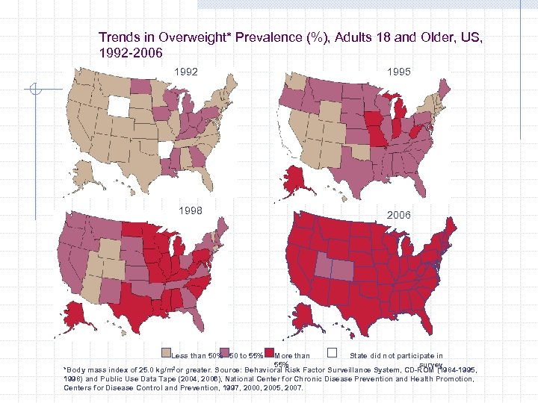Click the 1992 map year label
(x=186, y=72)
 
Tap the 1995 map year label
(x=399, y=72)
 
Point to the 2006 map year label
(x=398, y=214)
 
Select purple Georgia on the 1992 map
(x=197, y=157)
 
